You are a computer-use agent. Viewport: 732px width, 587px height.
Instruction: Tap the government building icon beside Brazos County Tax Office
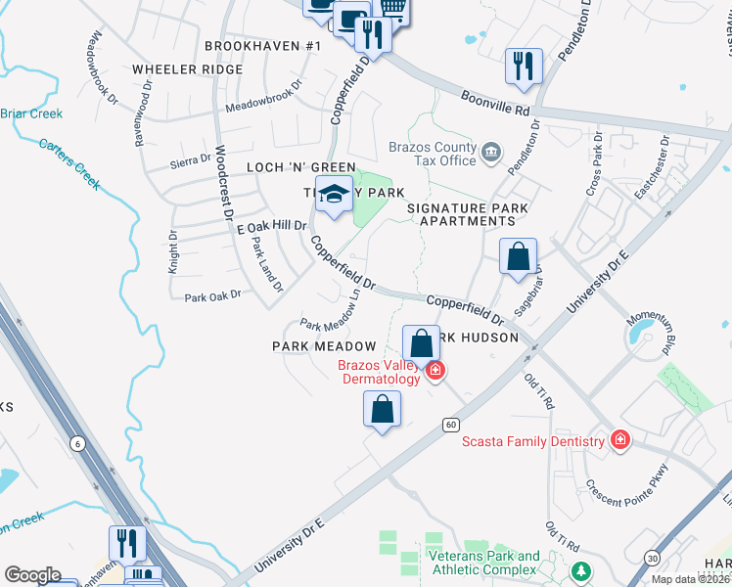(x=490, y=153)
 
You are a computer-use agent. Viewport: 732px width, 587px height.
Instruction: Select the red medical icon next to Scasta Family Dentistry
(x=618, y=441)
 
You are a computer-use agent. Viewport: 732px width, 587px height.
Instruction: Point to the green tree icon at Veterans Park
(x=582, y=570)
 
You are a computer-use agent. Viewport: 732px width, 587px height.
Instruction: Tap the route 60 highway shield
(x=450, y=424)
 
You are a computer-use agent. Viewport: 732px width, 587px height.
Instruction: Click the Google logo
(x=32, y=575)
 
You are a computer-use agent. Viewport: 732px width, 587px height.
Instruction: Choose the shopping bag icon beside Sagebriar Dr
(x=519, y=257)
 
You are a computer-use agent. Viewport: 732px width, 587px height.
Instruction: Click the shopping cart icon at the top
(x=392, y=8)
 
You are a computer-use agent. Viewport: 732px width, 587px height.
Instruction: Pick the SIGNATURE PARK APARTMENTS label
(x=467, y=214)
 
